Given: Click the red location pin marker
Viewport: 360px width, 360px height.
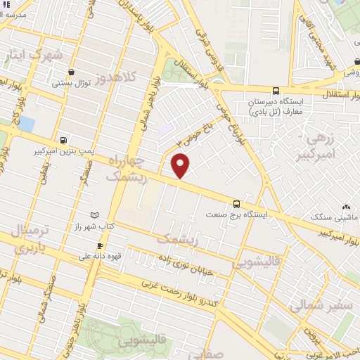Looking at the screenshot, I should [181, 165].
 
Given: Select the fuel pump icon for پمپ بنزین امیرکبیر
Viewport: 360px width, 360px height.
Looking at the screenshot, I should [65, 139].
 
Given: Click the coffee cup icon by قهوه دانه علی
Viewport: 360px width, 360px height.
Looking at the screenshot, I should [100, 245].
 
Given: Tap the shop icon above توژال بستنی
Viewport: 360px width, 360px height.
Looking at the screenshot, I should [72, 72].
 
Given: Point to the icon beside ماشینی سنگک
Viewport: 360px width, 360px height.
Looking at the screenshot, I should [345, 207].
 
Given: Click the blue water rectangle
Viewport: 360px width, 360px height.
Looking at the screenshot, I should [25, 124].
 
